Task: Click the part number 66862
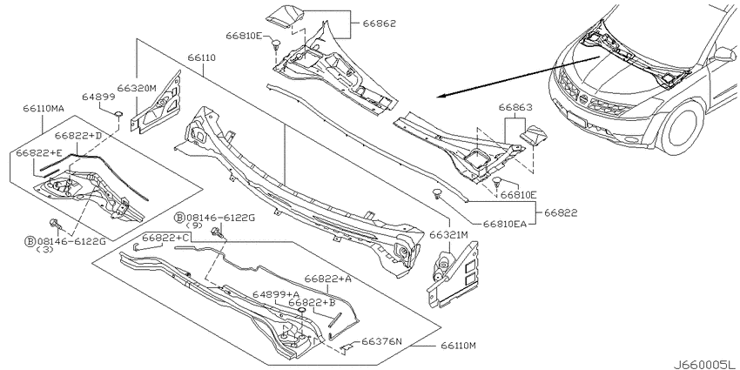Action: (379, 24)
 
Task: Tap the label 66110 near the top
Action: (201, 57)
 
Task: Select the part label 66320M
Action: (137, 87)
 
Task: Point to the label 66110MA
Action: (43, 108)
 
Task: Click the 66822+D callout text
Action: (77, 136)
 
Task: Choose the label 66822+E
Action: (38, 153)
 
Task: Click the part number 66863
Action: (515, 107)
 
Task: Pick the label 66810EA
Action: (504, 224)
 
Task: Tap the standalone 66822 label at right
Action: (561, 212)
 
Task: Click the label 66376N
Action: (382, 341)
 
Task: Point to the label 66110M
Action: (459, 346)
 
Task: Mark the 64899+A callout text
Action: (276, 294)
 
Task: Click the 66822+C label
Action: (166, 238)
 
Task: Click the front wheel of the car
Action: (683, 126)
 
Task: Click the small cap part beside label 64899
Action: (118, 113)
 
